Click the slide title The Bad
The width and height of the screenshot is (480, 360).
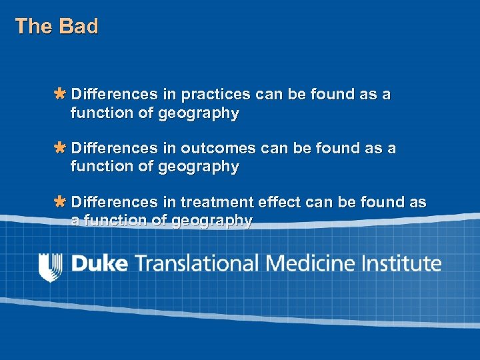[x=57, y=27]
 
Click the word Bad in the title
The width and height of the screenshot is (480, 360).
[x=79, y=27]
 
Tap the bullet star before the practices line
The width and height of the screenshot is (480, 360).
[x=60, y=94]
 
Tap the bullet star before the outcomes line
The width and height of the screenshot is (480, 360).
[x=60, y=148]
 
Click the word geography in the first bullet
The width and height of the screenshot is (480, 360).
[x=198, y=113]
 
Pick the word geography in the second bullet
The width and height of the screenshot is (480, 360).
[x=198, y=167]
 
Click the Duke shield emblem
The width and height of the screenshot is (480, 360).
[x=50, y=267]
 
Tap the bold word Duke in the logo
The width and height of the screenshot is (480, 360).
[x=99, y=263]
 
